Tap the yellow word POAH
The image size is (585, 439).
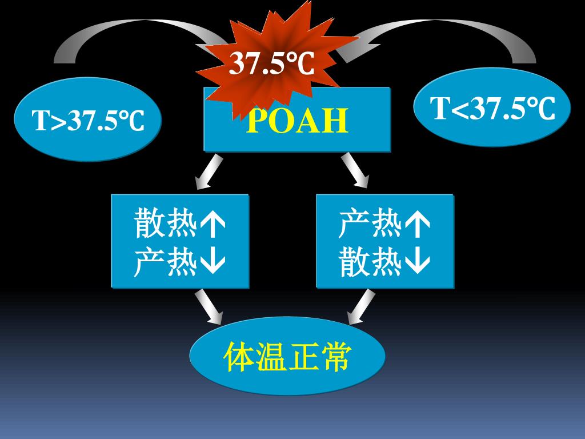click(297, 121)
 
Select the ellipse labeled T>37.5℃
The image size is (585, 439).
click(88, 120)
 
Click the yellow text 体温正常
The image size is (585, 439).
click(287, 357)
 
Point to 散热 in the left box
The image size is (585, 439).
click(166, 224)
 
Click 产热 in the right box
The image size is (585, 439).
click(370, 224)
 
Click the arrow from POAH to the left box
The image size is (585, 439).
click(206, 171)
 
